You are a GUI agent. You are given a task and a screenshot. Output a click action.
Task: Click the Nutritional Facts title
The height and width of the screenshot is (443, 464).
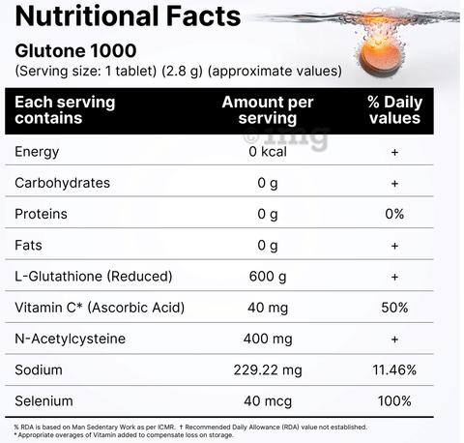pos(128,16)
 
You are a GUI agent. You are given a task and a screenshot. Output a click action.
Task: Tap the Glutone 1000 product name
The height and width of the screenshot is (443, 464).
pos(75,51)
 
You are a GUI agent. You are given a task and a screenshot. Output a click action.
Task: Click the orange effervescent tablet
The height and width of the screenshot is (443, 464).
pos(382,57)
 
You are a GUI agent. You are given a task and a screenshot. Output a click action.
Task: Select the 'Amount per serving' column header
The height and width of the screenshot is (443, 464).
pos(268,110)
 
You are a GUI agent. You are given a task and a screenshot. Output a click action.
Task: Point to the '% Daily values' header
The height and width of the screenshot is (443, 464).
pos(394,110)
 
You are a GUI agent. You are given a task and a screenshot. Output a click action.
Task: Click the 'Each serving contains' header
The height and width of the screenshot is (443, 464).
pos(65,110)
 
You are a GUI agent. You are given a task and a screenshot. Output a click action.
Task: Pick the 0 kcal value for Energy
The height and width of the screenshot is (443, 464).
pos(268,152)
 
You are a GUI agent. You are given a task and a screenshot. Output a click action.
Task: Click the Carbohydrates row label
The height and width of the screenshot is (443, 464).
pos(62,183)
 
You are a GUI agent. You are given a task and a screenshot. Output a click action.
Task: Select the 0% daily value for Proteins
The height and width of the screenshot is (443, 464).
pos(394,214)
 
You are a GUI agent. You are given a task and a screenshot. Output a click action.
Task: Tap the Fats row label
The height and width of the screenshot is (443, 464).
pos(28,245)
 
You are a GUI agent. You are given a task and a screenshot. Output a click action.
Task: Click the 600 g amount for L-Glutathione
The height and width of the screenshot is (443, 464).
pos(268,277)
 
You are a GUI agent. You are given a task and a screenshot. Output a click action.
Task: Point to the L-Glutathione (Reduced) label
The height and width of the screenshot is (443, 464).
pos(94,277)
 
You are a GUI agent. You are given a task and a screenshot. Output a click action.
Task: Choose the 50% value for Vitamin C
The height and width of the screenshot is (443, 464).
pos(394,308)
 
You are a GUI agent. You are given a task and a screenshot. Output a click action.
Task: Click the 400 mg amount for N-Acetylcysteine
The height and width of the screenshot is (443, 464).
pos(268,340)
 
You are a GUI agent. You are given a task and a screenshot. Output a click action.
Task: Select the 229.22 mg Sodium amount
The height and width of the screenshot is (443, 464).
pos(268,370)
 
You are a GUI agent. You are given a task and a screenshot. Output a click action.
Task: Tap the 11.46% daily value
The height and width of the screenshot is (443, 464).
pos(394,369)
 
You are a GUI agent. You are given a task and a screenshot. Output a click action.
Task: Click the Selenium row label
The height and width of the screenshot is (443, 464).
pos(43,401)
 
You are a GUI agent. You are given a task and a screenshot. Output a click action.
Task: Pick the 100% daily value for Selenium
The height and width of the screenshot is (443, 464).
pos(394,401)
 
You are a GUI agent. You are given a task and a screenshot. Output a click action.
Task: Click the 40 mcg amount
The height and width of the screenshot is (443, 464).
pos(268,401)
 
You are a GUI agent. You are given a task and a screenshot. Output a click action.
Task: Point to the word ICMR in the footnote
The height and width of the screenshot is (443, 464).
pos(166,428)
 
